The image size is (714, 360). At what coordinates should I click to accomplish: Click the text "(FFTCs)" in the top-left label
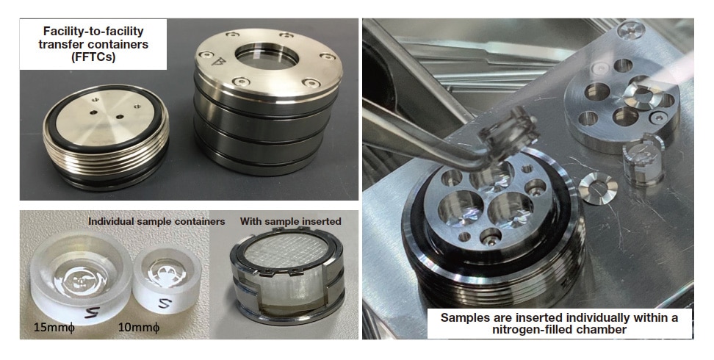pos(93,57)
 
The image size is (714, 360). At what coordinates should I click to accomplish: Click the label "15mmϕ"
pos(54,328)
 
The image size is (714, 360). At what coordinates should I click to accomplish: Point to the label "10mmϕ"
pos(139,327)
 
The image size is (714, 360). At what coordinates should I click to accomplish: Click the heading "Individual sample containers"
pos(156,221)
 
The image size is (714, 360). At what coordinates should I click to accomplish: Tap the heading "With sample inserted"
pos(290,221)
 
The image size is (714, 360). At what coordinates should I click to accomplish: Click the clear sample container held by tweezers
pos(507,134)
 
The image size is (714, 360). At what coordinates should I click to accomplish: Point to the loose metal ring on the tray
pos(598,188)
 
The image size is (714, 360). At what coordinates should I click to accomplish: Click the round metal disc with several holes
pos(621,106)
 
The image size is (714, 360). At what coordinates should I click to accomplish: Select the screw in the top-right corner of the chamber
pos(632,30)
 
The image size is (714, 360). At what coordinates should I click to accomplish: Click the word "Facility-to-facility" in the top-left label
pos(93,31)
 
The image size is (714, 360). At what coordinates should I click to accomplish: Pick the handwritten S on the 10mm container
pos(165,303)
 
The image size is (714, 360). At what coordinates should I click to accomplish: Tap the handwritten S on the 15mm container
pos(93,314)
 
